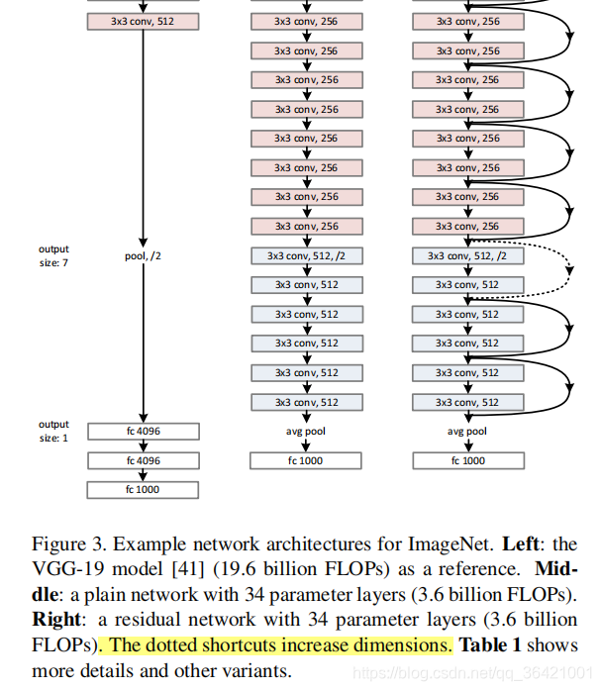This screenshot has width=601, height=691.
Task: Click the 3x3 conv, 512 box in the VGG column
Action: [x=144, y=21]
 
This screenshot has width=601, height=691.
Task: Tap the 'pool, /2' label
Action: [x=144, y=255]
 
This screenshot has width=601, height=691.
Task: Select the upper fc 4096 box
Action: [x=144, y=432]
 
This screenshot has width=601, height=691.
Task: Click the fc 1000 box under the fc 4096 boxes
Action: [x=144, y=490]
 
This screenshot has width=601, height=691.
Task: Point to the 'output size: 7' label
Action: [x=53, y=255]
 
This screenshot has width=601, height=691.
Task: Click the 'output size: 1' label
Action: [x=53, y=431]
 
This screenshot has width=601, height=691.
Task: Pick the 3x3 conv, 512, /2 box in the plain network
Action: [x=307, y=255]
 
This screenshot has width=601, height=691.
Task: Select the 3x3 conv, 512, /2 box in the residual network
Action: [x=467, y=255]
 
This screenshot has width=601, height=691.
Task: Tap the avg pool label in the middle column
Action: [x=307, y=432]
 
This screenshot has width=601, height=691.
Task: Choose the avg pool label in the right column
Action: [x=467, y=432]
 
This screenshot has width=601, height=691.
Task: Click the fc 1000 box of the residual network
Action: [x=467, y=460]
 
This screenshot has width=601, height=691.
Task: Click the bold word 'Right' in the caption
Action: [x=56, y=621]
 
